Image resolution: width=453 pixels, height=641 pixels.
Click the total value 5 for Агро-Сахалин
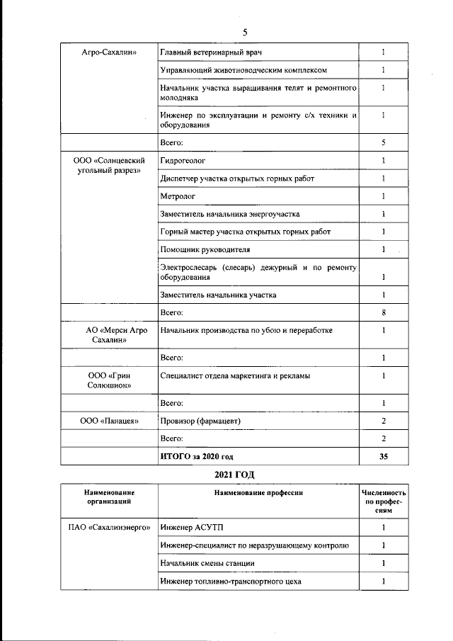(383, 143)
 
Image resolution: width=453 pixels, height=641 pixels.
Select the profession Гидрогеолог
(183, 161)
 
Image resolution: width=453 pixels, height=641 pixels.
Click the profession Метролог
(178, 196)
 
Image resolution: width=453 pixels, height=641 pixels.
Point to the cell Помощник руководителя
(205, 250)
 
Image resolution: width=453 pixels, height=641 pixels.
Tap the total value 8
(383, 312)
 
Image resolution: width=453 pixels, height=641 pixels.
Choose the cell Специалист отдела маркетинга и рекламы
(235, 375)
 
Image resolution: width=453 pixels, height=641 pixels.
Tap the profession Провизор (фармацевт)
(201, 421)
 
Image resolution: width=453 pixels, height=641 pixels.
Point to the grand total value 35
(383, 457)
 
